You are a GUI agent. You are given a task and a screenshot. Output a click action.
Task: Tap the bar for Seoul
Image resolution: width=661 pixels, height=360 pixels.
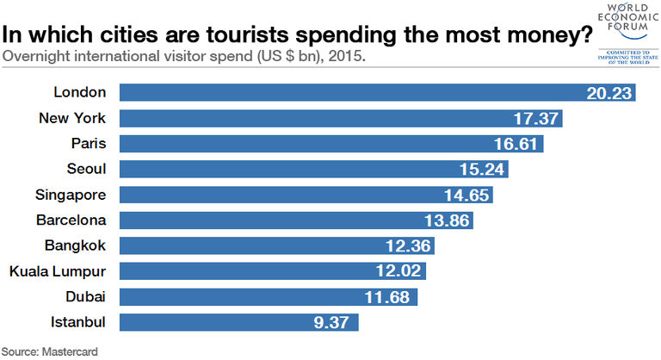[x=313, y=169]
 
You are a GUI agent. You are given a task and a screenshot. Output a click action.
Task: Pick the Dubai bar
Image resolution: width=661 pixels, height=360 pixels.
[x=268, y=297]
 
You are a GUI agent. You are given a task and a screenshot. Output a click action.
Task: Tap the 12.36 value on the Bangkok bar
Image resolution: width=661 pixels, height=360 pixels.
[x=409, y=246]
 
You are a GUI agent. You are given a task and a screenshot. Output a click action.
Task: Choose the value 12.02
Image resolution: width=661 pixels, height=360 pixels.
[x=401, y=272]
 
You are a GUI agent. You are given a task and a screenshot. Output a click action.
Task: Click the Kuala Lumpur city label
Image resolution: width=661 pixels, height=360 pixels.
[x=57, y=272]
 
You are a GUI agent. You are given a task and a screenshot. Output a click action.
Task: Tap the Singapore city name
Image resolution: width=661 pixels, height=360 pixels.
[x=71, y=195]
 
